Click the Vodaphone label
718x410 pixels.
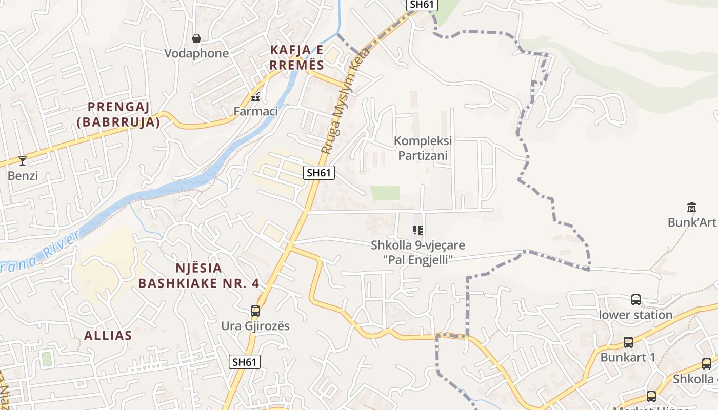(196, 53)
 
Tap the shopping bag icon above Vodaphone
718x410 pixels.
(196, 38)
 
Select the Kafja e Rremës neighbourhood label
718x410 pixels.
(297, 57)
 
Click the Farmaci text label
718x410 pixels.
(255, 111)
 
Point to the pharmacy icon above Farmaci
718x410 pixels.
(255, 96)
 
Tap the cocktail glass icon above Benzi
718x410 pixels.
(23, 161)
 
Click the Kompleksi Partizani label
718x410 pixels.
(423, 148)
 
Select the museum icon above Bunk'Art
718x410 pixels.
(692, 208)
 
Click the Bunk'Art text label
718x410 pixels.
(691, 222)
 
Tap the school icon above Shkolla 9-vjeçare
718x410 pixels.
(418, 230)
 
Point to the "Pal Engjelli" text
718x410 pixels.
(417, 260)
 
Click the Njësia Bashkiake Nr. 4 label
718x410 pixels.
(199, 275)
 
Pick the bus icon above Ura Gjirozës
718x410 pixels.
(255, 311)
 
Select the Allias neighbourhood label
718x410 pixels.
(108, 335)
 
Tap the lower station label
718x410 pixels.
(635, 315)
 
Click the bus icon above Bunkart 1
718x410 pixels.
(628, 342)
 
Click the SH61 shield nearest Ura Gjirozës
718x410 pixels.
(244, 362)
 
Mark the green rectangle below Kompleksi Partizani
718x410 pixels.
(385, 193)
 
